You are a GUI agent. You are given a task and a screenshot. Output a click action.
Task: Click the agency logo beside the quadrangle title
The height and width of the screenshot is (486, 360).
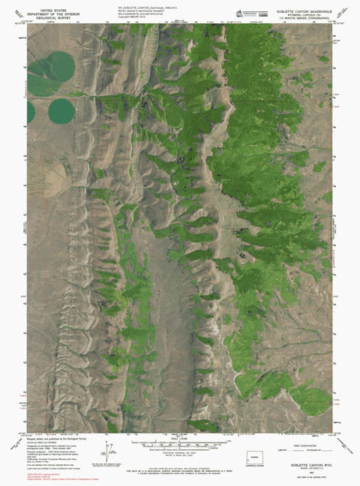point(240,13)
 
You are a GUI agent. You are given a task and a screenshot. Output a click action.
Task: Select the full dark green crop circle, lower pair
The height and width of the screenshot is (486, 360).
point(61,112)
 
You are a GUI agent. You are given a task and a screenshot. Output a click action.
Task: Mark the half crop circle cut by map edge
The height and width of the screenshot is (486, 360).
point(31,112)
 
